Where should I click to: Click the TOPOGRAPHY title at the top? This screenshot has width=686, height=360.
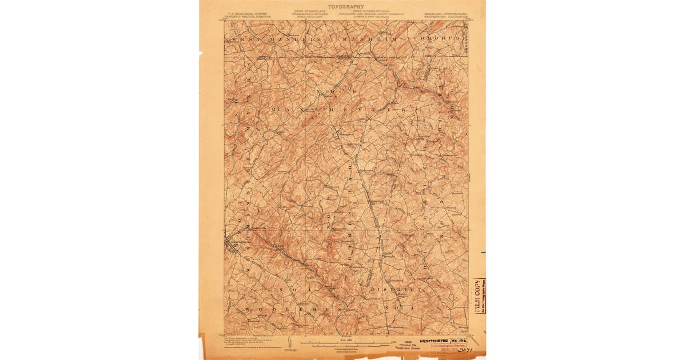tap(346, 6)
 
